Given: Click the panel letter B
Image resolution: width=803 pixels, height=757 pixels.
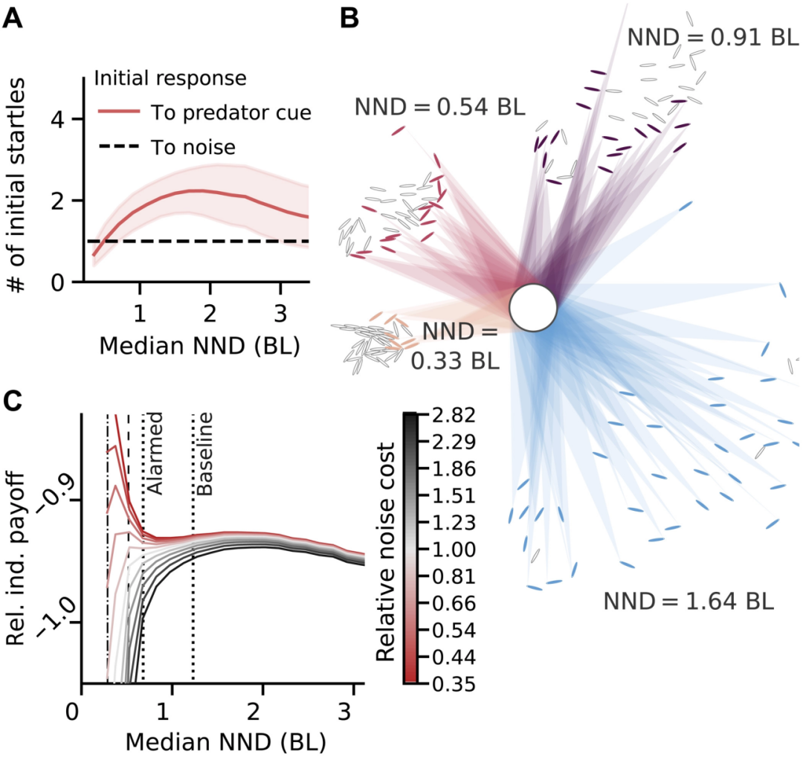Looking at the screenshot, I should (x=350, y=19).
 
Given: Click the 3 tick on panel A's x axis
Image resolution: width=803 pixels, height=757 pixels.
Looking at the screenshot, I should (x=280, y=309).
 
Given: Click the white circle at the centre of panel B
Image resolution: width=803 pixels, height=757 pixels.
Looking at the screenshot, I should (x=533, y=306).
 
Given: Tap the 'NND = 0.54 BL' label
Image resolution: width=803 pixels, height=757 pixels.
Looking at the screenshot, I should (x=439, y=107).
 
